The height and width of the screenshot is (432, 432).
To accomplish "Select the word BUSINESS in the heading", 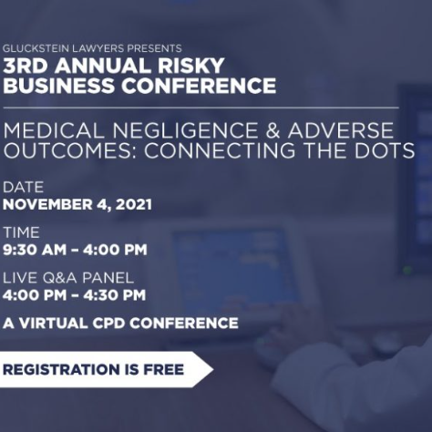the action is tap(58, 86).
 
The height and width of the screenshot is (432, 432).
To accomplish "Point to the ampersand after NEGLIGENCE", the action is tap(273, 130).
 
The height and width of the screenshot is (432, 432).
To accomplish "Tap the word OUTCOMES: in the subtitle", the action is tap(71, 150).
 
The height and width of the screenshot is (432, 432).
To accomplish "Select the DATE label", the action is tap(23, 187).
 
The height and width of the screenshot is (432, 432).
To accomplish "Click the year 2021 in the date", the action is tap(134, 204).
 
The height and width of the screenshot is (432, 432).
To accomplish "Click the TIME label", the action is tap(21, 232).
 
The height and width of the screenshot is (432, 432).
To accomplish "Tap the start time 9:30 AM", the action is tap(35, 250).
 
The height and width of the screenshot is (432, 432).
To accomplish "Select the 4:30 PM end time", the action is tap(115, 295).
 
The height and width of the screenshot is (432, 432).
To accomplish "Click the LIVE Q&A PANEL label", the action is tap(68, 278).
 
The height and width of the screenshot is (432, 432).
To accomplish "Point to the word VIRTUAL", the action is tap(54, 324).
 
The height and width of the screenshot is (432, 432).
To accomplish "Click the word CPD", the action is tap(109, 324).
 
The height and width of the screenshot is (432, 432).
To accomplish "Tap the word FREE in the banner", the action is tap(163, 369).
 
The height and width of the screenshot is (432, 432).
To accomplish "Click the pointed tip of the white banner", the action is tap(213, 369).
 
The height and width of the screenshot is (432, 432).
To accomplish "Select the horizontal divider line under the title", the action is tap(201, 108).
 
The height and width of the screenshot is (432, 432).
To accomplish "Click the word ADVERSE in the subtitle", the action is tap(341, 130).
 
